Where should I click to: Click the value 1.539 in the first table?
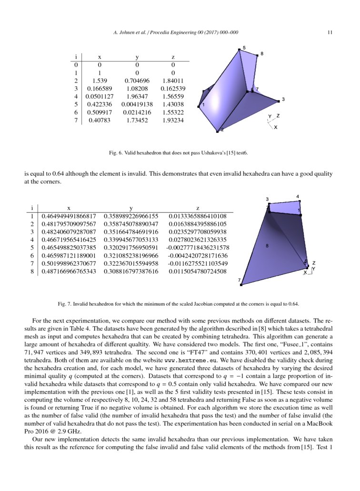[99, 81]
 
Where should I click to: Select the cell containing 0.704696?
[137, 81]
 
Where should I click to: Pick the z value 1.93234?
[173, 120]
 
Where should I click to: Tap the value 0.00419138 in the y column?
[137, 105]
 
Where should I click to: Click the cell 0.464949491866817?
[69, 216]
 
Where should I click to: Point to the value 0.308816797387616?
[131, 271]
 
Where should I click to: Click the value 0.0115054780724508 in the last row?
[198, 271]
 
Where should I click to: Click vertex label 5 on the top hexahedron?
[244, 48]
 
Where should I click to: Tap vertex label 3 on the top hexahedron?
[283, 99]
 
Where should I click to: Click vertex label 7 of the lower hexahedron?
[239, 281]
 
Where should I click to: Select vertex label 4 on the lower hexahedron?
[298, 196]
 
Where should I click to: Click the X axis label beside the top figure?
[276, 127]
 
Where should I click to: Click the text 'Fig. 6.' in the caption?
[116, 153]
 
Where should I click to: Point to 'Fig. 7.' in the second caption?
[65, 303]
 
